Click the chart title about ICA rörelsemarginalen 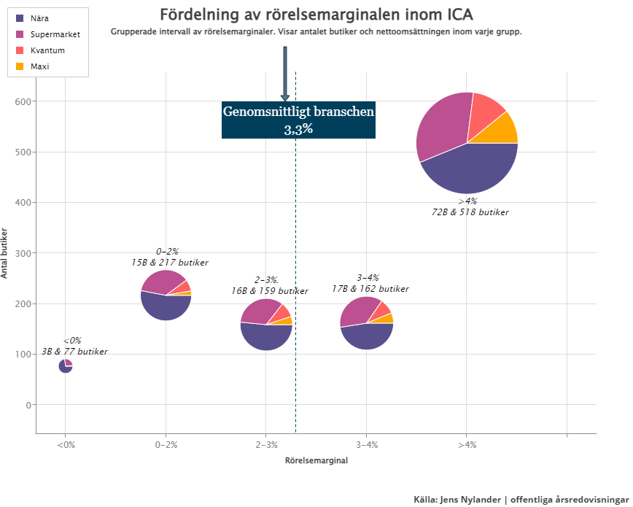coord(316,15)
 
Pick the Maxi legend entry coord(40,66)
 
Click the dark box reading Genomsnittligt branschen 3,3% coord(298,120)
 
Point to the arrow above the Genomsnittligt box coord(285,74)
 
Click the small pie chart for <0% coord(66,366)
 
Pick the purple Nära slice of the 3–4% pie coord(367,337)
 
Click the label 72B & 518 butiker coord(470,212)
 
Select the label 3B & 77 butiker coord(74,352)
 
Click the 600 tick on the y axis coord(24,101)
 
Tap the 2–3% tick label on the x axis coord(266,445)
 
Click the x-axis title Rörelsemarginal coord(316,461)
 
